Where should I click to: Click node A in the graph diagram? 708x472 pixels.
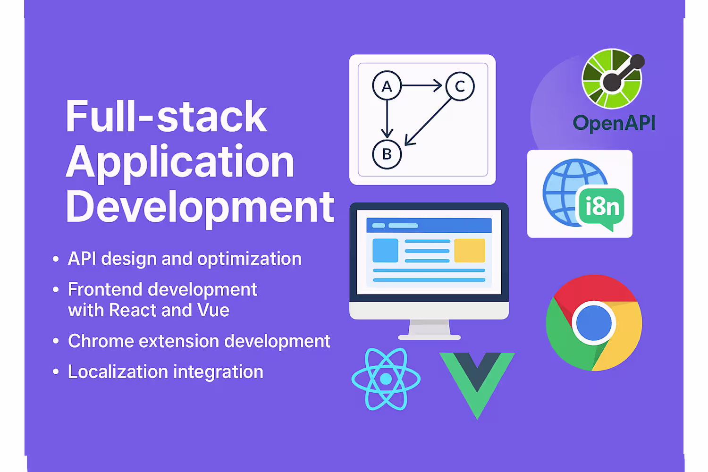pos(387,86)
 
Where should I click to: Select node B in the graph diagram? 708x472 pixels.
pos(387,154)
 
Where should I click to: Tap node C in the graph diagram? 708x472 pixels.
pos(460,86)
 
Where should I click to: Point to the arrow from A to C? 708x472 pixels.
pos(421,85)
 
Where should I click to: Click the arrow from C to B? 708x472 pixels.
pos(428,122)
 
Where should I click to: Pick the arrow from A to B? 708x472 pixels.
pos(387,119)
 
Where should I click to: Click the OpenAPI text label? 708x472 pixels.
pos(614,123)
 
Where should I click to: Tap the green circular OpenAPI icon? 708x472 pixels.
pos(613,78)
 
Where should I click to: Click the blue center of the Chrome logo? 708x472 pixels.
pos(594,323)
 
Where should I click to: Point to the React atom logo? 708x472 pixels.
pos(386,379)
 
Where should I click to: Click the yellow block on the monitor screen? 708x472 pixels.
pos(469,250)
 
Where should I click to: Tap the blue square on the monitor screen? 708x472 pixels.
pos(385,250)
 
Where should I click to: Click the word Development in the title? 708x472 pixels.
pos(200,208)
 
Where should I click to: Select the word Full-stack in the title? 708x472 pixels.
pos(166,116)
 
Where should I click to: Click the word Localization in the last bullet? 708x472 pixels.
pos(118,371)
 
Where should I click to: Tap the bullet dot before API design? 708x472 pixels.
pos(56,259)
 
